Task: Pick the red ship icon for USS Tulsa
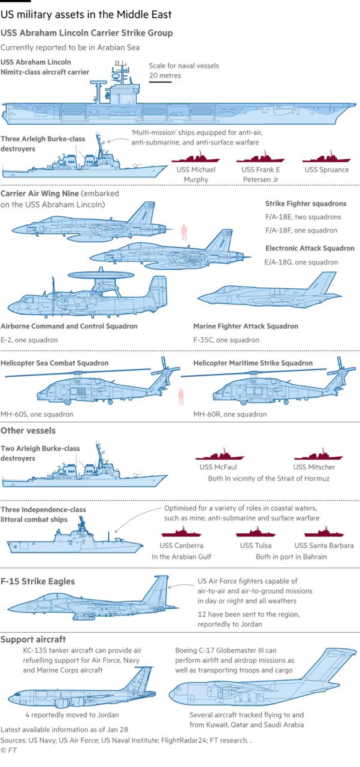256,533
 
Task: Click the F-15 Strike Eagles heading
38,581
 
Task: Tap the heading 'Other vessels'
28,430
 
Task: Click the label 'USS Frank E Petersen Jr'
260,174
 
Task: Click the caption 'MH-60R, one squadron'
230,414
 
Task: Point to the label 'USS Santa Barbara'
324,545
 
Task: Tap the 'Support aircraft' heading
34,639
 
